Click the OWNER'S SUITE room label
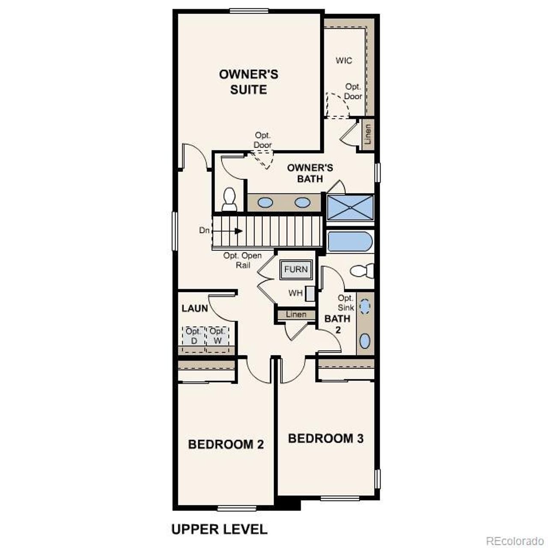coord(249,82)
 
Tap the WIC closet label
coord(344,60)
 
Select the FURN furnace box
coord(296,269)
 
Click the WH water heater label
coord(295,293)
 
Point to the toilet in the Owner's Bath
coord(229,200)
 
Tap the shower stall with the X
coord(350,208)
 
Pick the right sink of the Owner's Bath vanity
coord(302,202)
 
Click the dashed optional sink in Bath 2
coord(365,307)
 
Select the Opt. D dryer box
coord(194,337)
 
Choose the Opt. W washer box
coord(217,337)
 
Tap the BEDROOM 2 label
coord(226,444)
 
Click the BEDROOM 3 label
coord(325,438)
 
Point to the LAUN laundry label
coord(194,308)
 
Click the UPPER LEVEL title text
coord(219,529)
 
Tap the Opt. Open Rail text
coord(242,260)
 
